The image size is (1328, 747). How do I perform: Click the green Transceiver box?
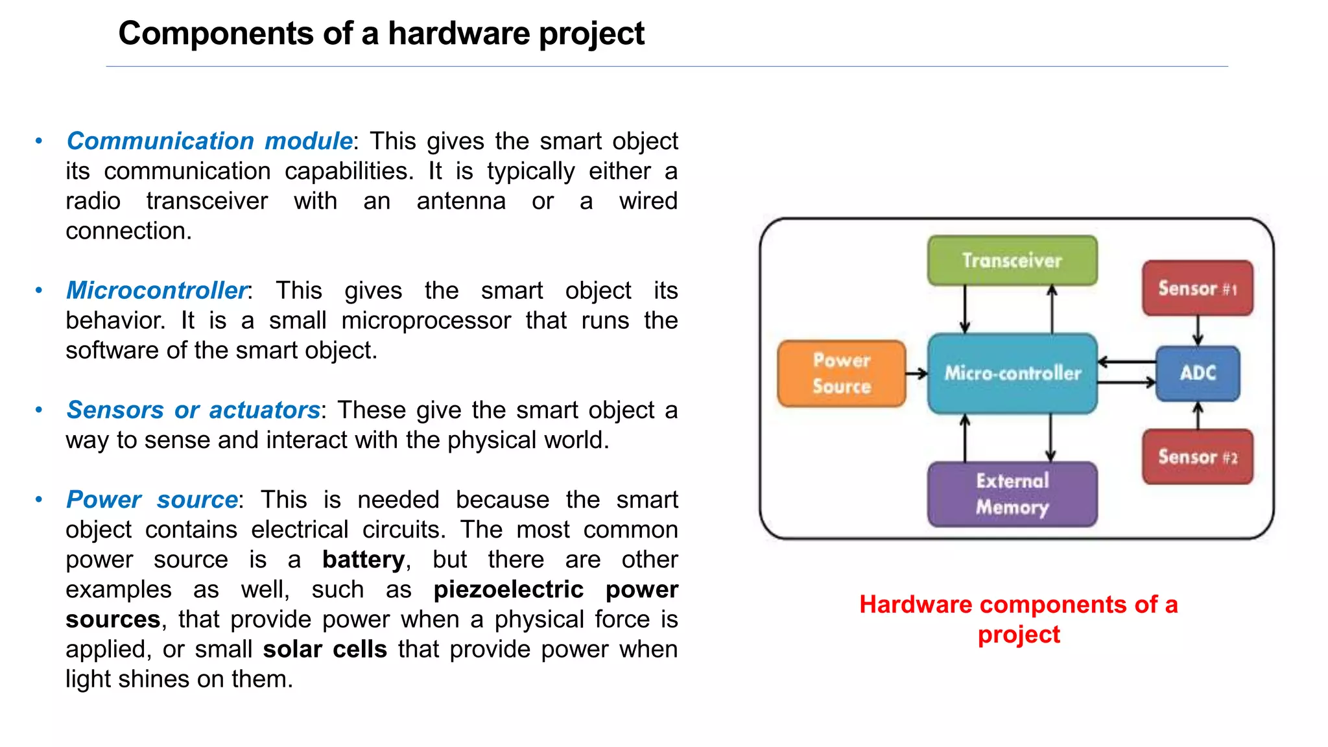pos(1012,260)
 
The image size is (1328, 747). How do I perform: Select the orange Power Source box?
pos(842,373)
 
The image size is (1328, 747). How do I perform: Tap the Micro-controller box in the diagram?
pos(1012,373)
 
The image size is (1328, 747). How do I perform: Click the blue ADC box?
pos(1197,373)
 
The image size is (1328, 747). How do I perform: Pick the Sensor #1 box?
pos(1197,288)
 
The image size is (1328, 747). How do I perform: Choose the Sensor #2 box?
pos(1197,456)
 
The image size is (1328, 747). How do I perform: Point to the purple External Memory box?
pos(1012,493)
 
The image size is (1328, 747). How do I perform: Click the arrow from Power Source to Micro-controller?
pos(916,373)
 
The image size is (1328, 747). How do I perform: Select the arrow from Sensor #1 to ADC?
pos(1198,331)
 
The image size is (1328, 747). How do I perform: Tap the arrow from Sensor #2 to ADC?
pos(1198,416)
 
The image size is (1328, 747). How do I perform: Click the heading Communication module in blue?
pos(209,141)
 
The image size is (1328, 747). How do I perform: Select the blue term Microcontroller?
pos(157,290)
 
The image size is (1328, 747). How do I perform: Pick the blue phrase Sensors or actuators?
pos(193,410)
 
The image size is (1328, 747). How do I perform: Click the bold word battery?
pos(364,560)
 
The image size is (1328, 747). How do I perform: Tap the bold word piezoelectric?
pos(508,589)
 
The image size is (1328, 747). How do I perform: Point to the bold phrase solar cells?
pos(325,649)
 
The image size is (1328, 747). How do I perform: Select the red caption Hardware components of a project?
pos(1018,619)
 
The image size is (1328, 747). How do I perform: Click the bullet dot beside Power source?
pos(39,499)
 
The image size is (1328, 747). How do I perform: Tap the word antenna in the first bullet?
pos(460,201)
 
